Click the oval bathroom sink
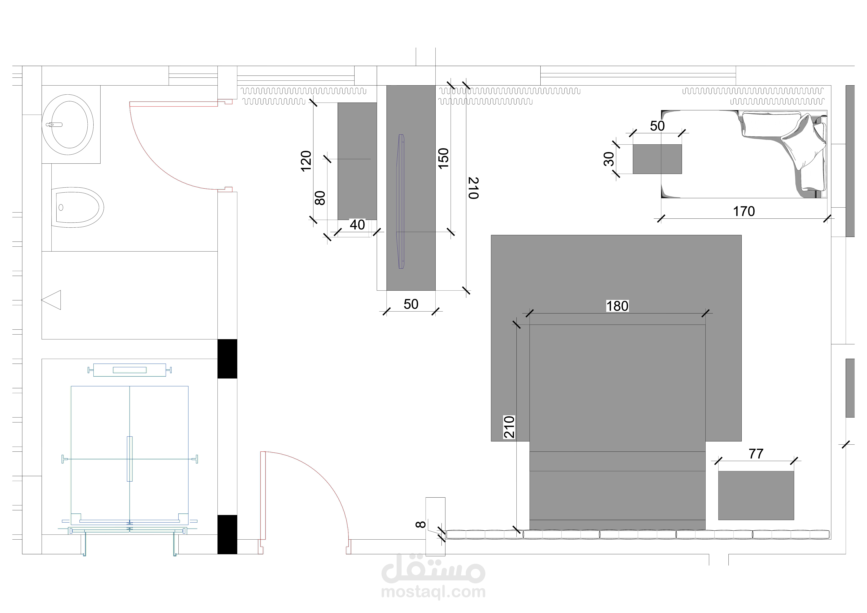pyautogui.click(x=68, y=125)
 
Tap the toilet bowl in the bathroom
pyautogui.click(x=77, y=207)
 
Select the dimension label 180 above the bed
pyautogui.click(x=617, y=306)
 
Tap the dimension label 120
pyautogui.click(x=306, y=161)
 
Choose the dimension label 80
pyautogui.click(x=320, y=198)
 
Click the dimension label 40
pyautogui.click(x=357, y=225)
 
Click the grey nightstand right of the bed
pyautogui.click(x=756, y=495)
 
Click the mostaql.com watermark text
pyautogui.click(x=433, y=592)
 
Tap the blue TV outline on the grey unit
pyautogui.click(x=400, y=201)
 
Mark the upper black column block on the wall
pyautogui.click(x=227, y=359)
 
